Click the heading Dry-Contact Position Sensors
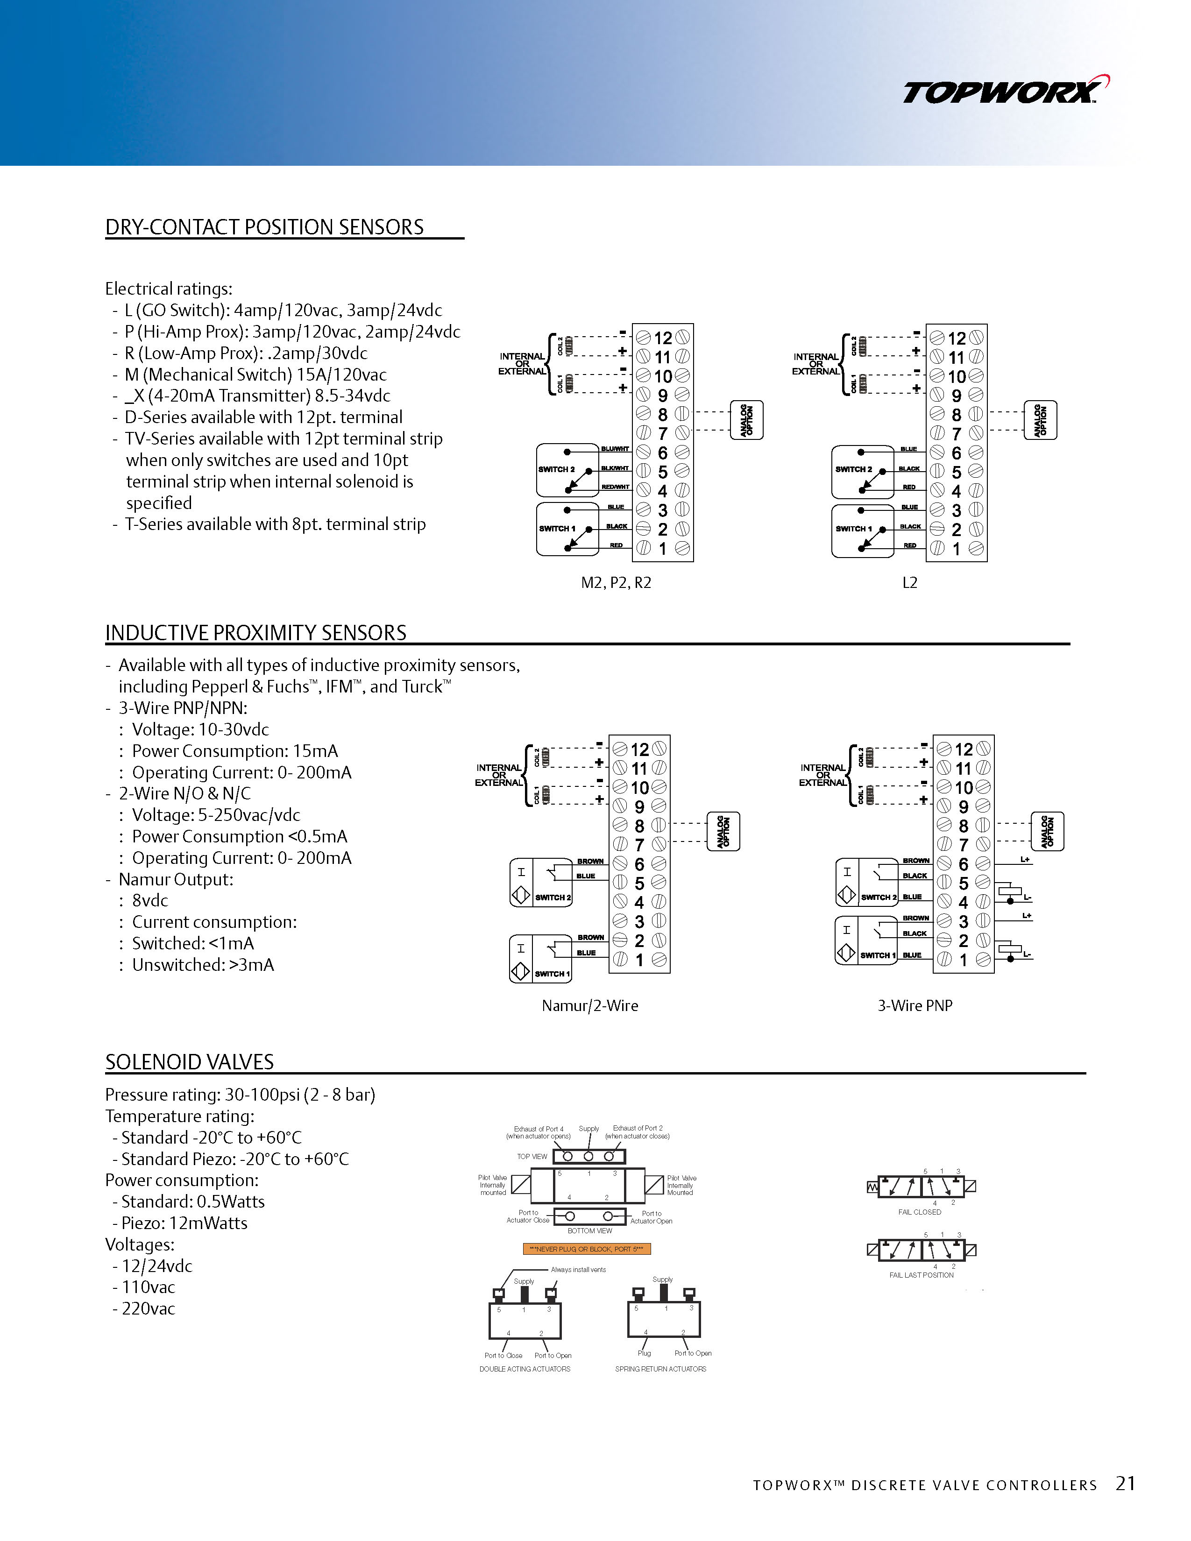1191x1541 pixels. (264, 227)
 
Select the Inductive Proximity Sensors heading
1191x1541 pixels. (255, 632)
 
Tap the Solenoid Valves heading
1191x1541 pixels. (189, 1061)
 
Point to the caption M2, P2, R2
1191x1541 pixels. (615, 582)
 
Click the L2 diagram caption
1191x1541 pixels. (909, 582)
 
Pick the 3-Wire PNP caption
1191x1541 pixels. (915, 1005)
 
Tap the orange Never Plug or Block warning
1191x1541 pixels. (586, 1249)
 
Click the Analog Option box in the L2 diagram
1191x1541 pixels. (1040, 421)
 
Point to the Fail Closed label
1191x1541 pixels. (919, 1212)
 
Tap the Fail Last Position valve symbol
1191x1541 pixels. (921, 1250)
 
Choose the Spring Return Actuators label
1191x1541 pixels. (660, 1369)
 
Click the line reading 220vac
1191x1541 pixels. (148, 1309)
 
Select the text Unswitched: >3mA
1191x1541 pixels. (203, 965)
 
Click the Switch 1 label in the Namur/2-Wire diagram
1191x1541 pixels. (552, 974)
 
